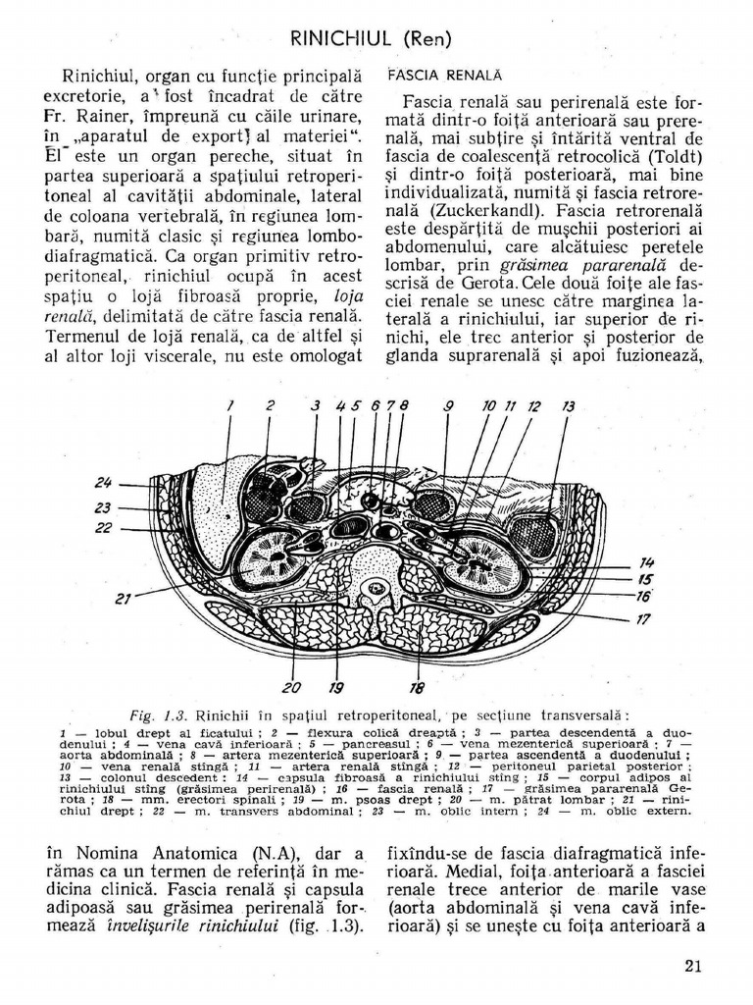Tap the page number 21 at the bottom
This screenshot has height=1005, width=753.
pyautogui.click(x=694, y=965)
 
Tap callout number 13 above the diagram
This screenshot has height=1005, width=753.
pyautogui.click(x=568, y=405)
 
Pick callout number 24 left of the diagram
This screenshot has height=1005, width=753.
pyautogui.click(x=105, y=482)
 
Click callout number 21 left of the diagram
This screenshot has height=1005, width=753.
pyautogui.click(x=125, y=598)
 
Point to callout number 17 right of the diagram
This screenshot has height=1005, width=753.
pyautogui.click(x=643, y=619)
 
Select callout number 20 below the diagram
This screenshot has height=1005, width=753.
pyautogui.click(x=292, y=686)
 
